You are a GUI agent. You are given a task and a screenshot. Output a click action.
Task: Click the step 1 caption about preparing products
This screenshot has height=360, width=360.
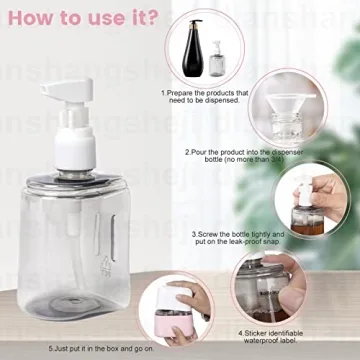(205, 97)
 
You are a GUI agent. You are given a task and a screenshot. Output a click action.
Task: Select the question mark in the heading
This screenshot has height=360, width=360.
(150, 19)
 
